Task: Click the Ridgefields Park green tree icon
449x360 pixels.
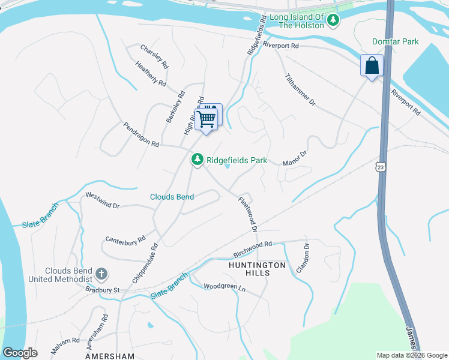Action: click(196, 160)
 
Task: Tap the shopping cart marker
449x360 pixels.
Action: click(206, 119)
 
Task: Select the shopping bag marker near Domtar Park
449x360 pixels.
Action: click(372, 66)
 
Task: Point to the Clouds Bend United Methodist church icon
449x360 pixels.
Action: click(101, 275)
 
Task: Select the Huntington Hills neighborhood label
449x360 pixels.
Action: click(257, 268)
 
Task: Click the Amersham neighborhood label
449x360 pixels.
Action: click(110, 356)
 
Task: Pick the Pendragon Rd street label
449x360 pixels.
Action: click(141, 135)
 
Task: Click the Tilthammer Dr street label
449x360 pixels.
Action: click(300, 90)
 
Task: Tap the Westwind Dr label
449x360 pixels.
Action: click(102, 200)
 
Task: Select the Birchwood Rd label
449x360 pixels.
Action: click(253, 248)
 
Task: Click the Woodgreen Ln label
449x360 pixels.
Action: click(224, 287)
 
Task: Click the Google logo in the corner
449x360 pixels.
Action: click(20, 352)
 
